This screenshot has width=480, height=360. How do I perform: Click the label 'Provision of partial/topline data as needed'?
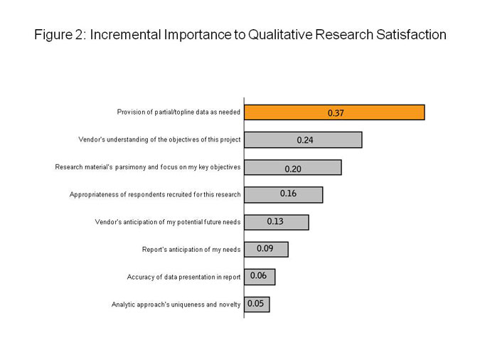click(178, 112)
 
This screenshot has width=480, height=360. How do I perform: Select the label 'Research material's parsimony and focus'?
click(148, 167)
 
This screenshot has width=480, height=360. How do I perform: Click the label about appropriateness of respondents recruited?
click(155, 194)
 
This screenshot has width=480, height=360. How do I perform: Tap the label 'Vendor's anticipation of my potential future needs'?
click(168, 222)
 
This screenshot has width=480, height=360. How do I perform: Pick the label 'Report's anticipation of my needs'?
click(191, 249)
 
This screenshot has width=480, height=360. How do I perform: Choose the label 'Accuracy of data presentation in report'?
click(183, 276)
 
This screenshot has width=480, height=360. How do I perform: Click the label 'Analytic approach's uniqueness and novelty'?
click(176, 305)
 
